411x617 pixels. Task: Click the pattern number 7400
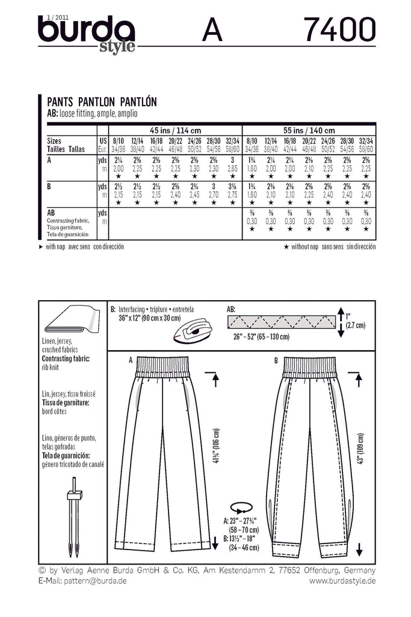click(339, 29)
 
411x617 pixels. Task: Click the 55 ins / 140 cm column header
click(309, 130)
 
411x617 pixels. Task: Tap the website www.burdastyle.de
click(342, 581)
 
